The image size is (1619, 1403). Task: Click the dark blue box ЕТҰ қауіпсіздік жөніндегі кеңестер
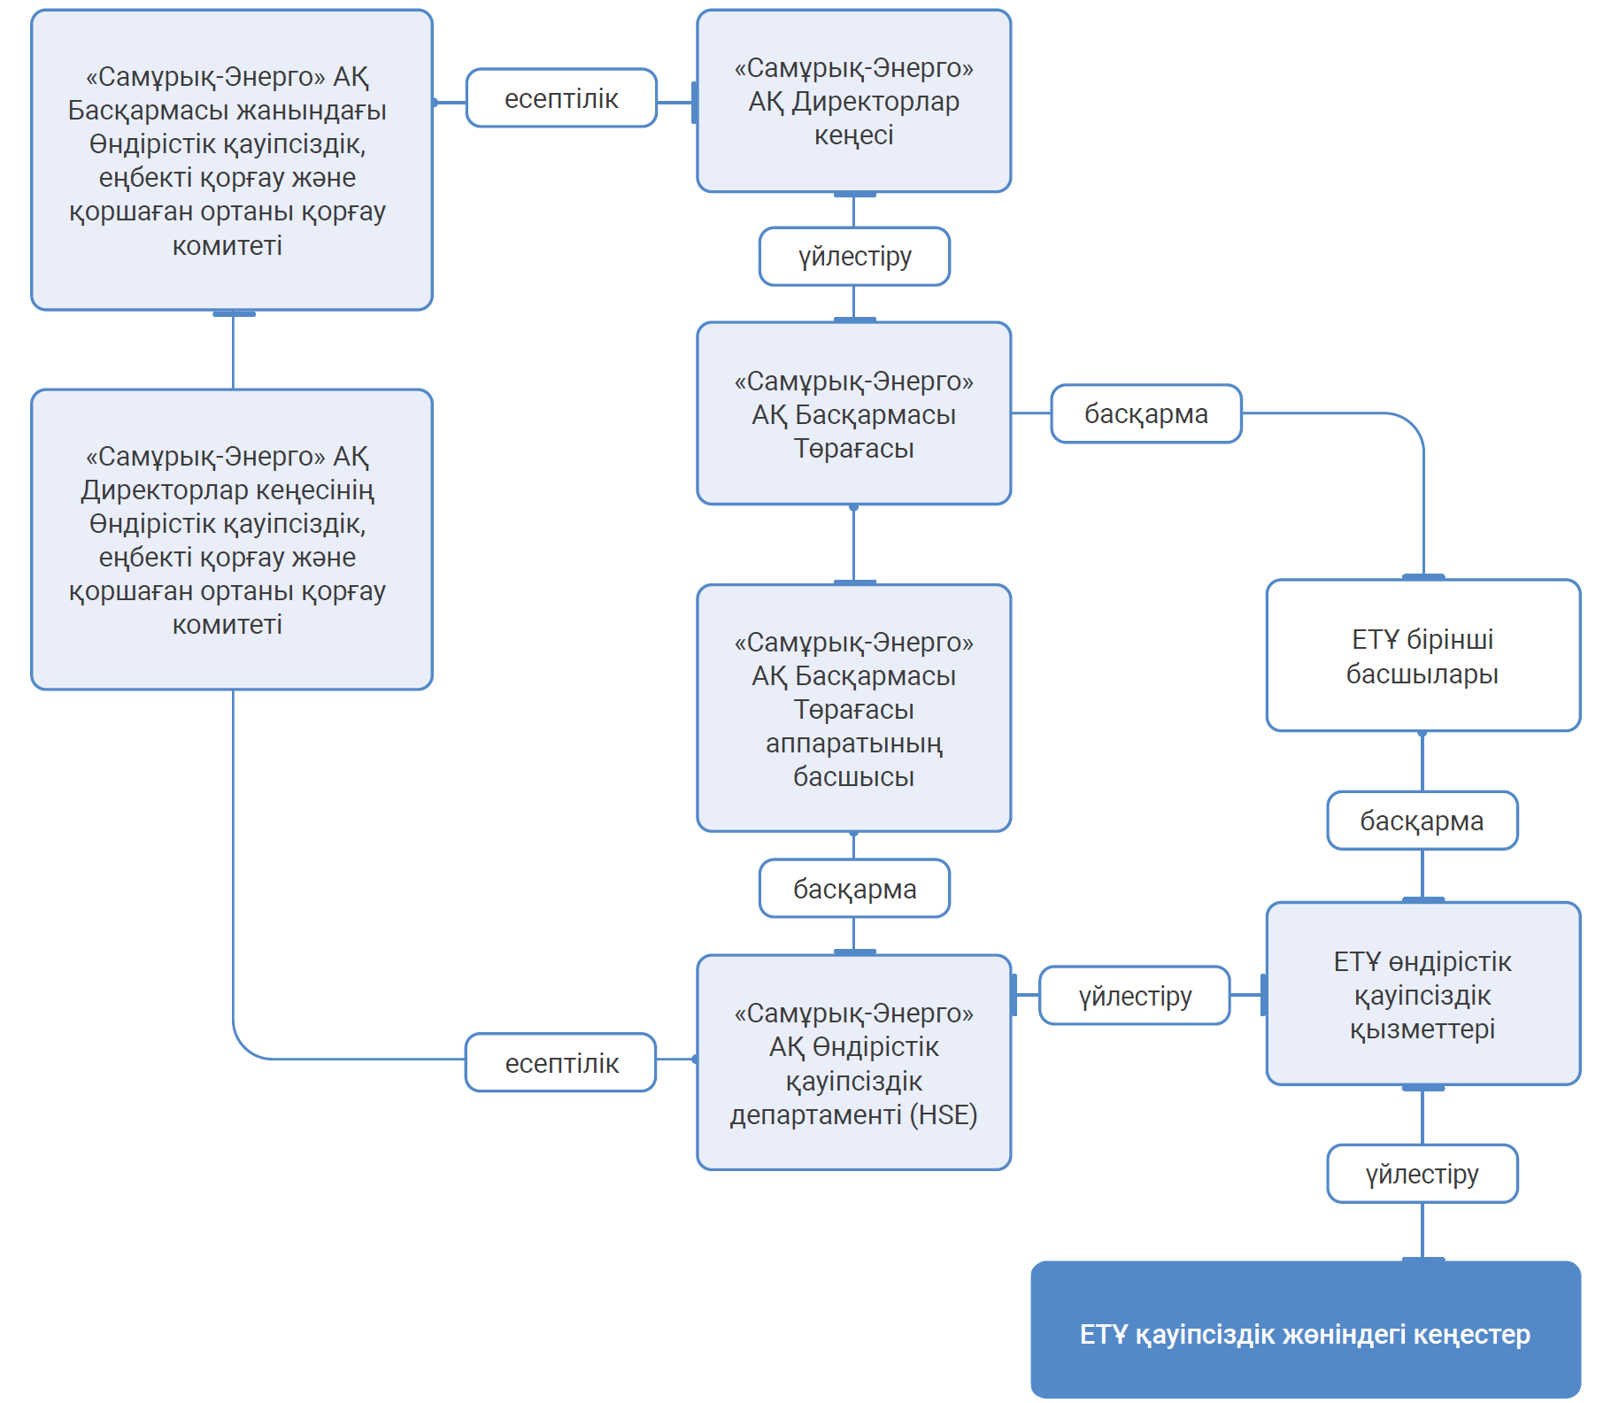pos(1305,1330)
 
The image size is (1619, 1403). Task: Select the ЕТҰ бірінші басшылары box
pos(1422,656)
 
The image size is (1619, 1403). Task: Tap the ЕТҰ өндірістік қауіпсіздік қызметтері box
pos(1422,994)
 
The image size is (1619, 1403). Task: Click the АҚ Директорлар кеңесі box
pos(853,101)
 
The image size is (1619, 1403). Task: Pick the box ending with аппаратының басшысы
pos(853,708)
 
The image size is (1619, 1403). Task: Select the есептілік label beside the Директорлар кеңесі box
pos(561,98)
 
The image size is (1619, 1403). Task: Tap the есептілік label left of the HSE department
pos(561,1063)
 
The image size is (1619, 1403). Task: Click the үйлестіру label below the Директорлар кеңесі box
pos(854,257)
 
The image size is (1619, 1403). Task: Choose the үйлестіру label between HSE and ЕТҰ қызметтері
pos(1135,996)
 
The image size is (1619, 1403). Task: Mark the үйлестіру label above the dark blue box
pos(1422,1174)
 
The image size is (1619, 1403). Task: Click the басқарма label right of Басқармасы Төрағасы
pos(1145,413)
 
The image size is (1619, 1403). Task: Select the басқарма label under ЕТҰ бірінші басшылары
pos(1422,821)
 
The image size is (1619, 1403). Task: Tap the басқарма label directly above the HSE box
pos(854,889)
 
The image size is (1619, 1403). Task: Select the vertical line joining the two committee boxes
pos(233,351)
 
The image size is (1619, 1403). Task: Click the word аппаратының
pos(853,744)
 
